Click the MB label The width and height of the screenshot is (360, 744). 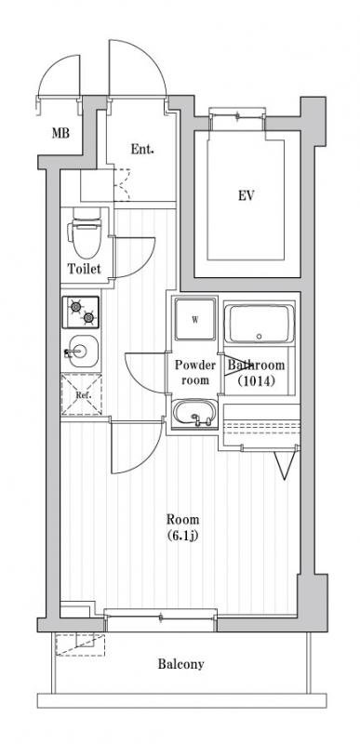tap(60, 133)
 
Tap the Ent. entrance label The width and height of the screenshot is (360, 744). tap(142, 150)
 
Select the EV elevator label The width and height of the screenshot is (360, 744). tap(247, 195)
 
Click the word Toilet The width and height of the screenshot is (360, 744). tap(85, 269)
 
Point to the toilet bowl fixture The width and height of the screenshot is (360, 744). tap(86, 232)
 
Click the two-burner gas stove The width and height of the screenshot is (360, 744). tap(81, 312)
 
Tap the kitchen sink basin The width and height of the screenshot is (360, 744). tap(81, 352)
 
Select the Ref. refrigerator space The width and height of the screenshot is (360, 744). tap(81, 394)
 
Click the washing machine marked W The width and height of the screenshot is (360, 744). tap(195, 319)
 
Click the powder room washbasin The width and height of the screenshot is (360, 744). tap(194, 414)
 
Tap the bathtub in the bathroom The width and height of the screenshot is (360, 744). tap(259, 325)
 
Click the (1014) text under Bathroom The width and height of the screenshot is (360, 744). tap(256, 380)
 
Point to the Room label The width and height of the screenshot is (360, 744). tap(182, 519)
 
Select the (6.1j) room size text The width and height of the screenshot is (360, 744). tap(182, 536)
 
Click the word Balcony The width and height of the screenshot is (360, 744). tap(181, 664)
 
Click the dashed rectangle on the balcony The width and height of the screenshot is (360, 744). tap(80, 644)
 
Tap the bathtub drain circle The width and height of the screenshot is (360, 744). tap(259, 337)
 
